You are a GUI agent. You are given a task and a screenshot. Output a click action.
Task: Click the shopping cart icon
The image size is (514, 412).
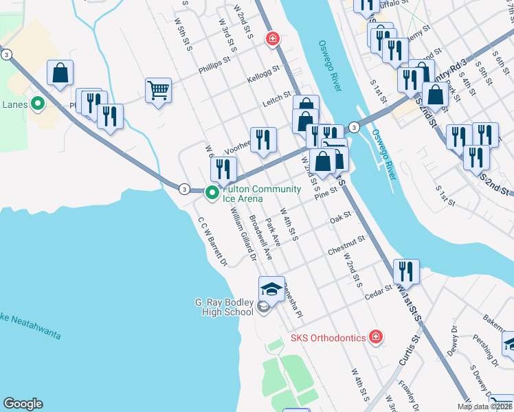pyautogui.click(x=158, y=90)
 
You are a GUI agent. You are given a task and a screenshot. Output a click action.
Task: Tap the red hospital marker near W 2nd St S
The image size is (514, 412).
pyautogui.click(x=273, y=38)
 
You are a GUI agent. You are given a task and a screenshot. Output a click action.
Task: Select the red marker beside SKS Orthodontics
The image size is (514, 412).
pyautogui.click(x=375, y=336)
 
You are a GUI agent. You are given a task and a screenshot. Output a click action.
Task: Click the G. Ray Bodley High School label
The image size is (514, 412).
pyautogui.click(x=224, y=307)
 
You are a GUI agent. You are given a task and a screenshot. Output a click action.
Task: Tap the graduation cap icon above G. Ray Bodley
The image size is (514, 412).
pyautogui.click(x=271, y=289)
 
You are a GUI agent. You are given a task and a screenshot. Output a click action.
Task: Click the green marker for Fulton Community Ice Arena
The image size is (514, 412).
pyautogui.click(x=212, y=194)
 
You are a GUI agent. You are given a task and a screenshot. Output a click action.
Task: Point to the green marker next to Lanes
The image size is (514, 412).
pyautogui.click(x=38, y=104)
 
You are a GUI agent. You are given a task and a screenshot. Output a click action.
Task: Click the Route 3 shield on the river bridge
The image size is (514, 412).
pyautogui.click(x=353, y=127)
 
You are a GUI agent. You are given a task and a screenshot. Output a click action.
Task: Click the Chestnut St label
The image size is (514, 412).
pyautogui.click(x=346, y=243)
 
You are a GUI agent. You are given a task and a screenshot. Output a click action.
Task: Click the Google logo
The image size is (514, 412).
pyautogui.click(x=23, y=404)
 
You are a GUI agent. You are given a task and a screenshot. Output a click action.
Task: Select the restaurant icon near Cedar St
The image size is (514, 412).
pyautogui.click(x=407, y=271)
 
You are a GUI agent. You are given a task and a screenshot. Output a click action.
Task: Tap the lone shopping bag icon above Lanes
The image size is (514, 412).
pyautogui.click(x=60, y=73)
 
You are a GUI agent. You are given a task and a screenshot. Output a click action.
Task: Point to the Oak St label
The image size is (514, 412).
pyautogui.click(x=340, y=216)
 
